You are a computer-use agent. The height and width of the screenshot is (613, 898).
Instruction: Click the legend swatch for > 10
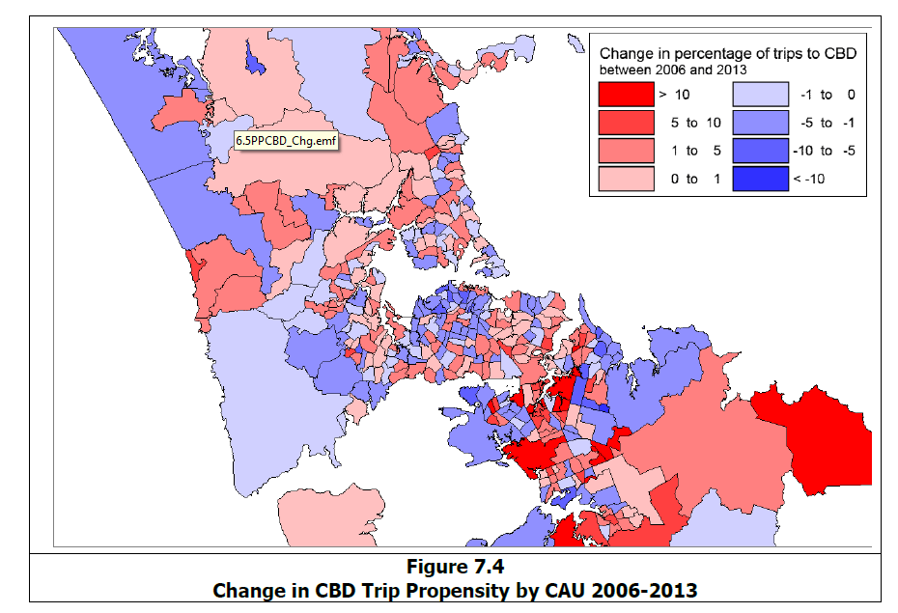tap(623, 95)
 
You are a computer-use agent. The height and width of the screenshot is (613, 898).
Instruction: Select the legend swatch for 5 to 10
tap(623, 123)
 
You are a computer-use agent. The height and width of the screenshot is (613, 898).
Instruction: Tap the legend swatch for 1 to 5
tap(623, 151)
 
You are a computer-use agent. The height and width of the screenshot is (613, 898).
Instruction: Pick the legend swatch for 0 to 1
tap(623, 179)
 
